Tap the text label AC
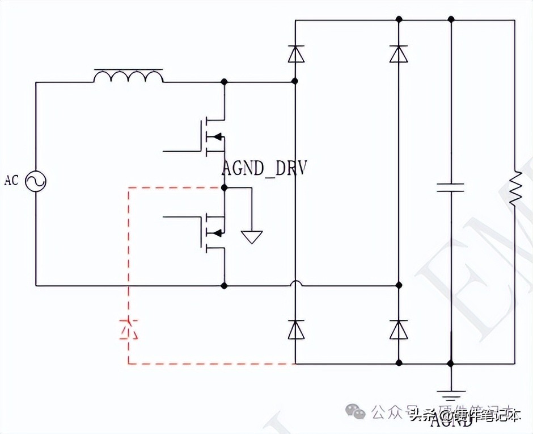[x=11, y=181]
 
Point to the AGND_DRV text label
[x=264, y=169]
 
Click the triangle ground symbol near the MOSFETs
[x=252, y=236]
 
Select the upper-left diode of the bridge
[x=295, y=53]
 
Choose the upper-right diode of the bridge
[x=399, y=53]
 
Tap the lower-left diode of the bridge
[x=295, y=329]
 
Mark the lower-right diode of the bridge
[x=399, y=329]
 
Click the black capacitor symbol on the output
[x=451, y=187]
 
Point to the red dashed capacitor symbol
[x=129, y=328]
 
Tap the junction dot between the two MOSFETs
[x=225, y=187]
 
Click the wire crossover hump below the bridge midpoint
[x=295, y=283]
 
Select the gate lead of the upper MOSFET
[x=181, y=152]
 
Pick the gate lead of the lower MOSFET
[x=181, y=216]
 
